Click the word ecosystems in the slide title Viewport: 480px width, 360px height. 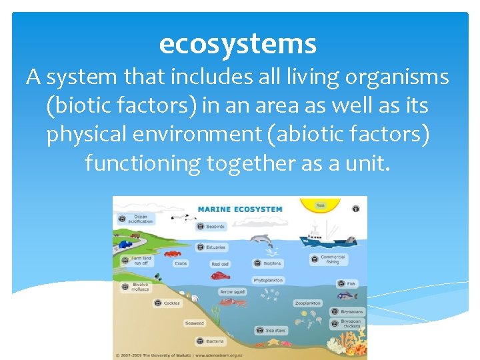click(238, 44)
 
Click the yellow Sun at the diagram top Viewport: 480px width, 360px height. click(320, 205)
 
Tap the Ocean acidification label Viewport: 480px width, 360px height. click(141, 218)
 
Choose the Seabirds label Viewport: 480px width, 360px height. click(215, 227)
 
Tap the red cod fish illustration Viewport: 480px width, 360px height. click(220, 275)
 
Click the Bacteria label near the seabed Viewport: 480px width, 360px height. click(215, 341)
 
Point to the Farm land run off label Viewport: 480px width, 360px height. click(140, 261)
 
